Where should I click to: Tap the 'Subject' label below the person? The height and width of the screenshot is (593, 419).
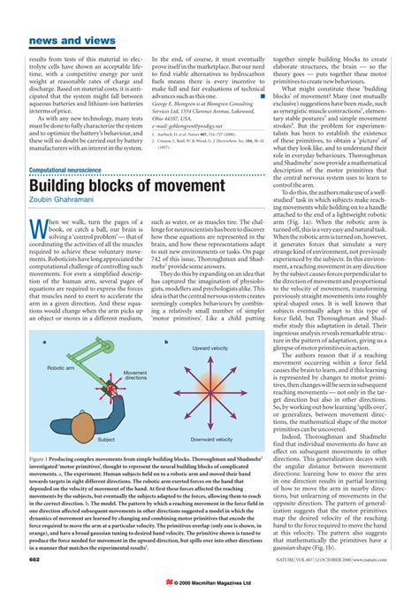(x=106, y=439)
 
